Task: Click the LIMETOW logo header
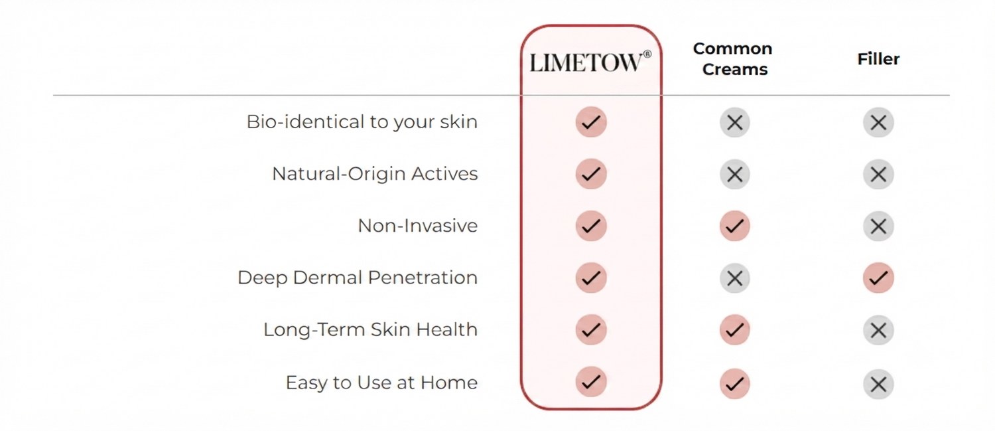[x=590, y=62]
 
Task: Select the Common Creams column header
[x=733, y=58]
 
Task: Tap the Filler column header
[x=878, y=58]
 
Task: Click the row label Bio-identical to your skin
[x=362, y=122]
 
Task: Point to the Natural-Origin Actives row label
[x=375, y=173]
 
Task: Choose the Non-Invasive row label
[x=417, y=226]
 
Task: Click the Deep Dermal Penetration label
[x=358, y=278]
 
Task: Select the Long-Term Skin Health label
[x=370, y=329]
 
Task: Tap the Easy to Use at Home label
[x=381, y=383]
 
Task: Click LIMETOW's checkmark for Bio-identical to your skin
[x=591, y=122]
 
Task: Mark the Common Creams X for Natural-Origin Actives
[x=735, y=174]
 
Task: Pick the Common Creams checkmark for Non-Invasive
[x=735, y=226]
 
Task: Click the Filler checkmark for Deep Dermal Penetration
[x=878, y=278]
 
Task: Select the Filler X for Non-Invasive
[x=878, y=226]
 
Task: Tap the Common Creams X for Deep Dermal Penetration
[x=735, y=278]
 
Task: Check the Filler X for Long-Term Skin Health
[x=878, y=330]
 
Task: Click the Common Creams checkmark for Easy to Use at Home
[x=735, y=383]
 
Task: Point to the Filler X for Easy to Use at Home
[x=878, y=385]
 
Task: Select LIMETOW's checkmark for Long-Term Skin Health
[x=591, y=329]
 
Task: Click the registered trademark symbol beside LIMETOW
[x=647, y=54]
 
